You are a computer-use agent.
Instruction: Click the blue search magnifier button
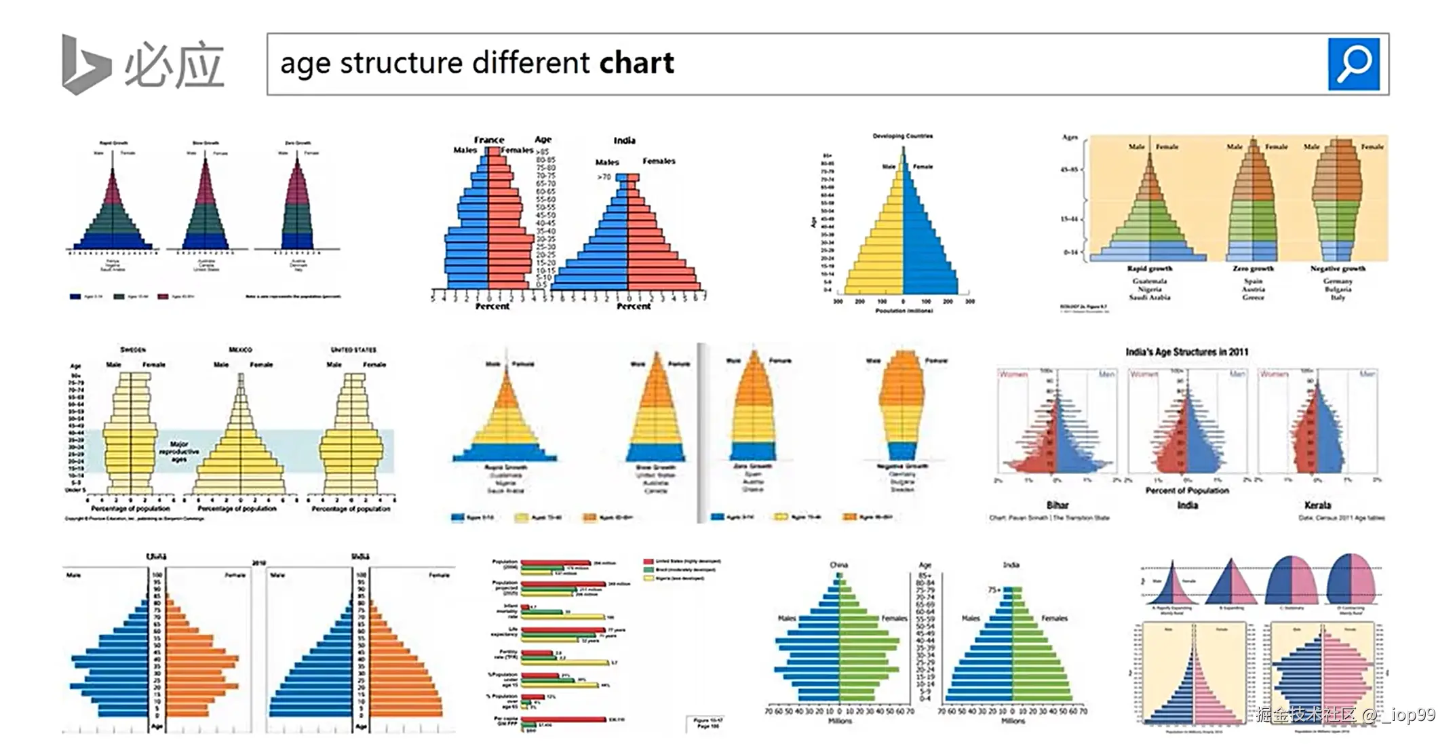coord(1353,64)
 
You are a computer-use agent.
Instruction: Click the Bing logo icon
coord(85,64)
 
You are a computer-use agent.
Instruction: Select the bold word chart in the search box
coord(636,63)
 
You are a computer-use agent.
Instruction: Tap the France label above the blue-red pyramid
coord(489,140)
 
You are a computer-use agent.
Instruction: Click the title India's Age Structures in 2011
coord(1186,352)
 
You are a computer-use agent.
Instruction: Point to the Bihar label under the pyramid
coord(1057,505)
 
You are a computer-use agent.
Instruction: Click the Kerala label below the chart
coord(1317,505)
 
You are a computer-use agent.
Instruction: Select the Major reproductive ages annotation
coord(178,452)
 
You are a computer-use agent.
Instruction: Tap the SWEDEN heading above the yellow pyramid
coord(133,350)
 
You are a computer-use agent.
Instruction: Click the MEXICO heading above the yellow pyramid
coord(240,350)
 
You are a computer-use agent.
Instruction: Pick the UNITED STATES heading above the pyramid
coord(353,350)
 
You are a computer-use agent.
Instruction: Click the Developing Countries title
coord(902,136)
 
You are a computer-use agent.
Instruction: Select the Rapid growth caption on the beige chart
coord(1149,269)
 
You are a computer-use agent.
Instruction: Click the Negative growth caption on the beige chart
coord(1338,269)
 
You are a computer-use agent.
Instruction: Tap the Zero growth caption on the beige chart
coord(1253,269)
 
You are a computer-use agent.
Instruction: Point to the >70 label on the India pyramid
coord(604,177)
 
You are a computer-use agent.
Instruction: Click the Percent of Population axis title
coord(1186,490)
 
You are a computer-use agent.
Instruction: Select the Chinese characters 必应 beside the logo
coord(174,66)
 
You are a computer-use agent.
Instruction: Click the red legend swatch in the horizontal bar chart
coord(648,562)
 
